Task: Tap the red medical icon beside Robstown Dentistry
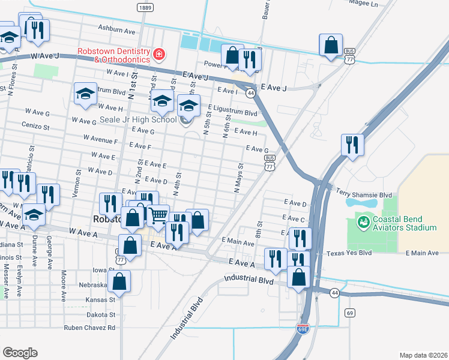click(158, 55)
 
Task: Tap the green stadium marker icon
click(363, 223)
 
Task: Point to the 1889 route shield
click(144, 7)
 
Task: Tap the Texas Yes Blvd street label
click(351, 254)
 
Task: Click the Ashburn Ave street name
click(117, 29)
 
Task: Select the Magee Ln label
click(366, 4)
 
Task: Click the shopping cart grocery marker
click(158, 215)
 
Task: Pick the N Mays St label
click(238, 178)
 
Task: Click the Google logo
click(20, 353)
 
